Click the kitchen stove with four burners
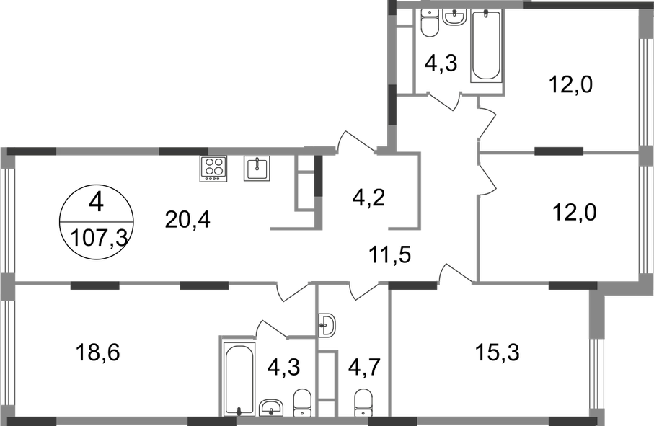point(213,169)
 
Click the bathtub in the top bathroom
point(487,46)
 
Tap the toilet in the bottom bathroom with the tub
point(299,400)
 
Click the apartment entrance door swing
point(357,141)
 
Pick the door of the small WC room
point(363,290)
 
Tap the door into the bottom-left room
point(292,291)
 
